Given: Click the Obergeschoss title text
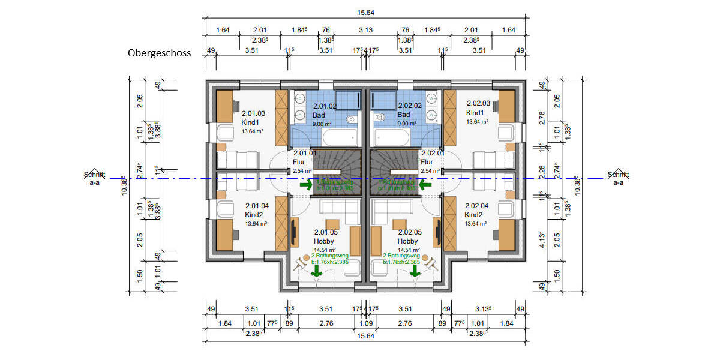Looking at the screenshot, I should [159, 53].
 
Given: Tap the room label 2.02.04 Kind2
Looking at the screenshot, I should [477, 210].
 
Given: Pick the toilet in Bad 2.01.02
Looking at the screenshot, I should [352, 119].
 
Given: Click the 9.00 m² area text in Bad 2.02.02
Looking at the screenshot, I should [407, 124].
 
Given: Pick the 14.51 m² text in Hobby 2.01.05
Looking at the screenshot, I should [325, 249].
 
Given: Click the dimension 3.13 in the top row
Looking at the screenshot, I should [365, 29].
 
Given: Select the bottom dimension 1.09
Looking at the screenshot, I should [365, 324].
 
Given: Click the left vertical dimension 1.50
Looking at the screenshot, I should [139, 273].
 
